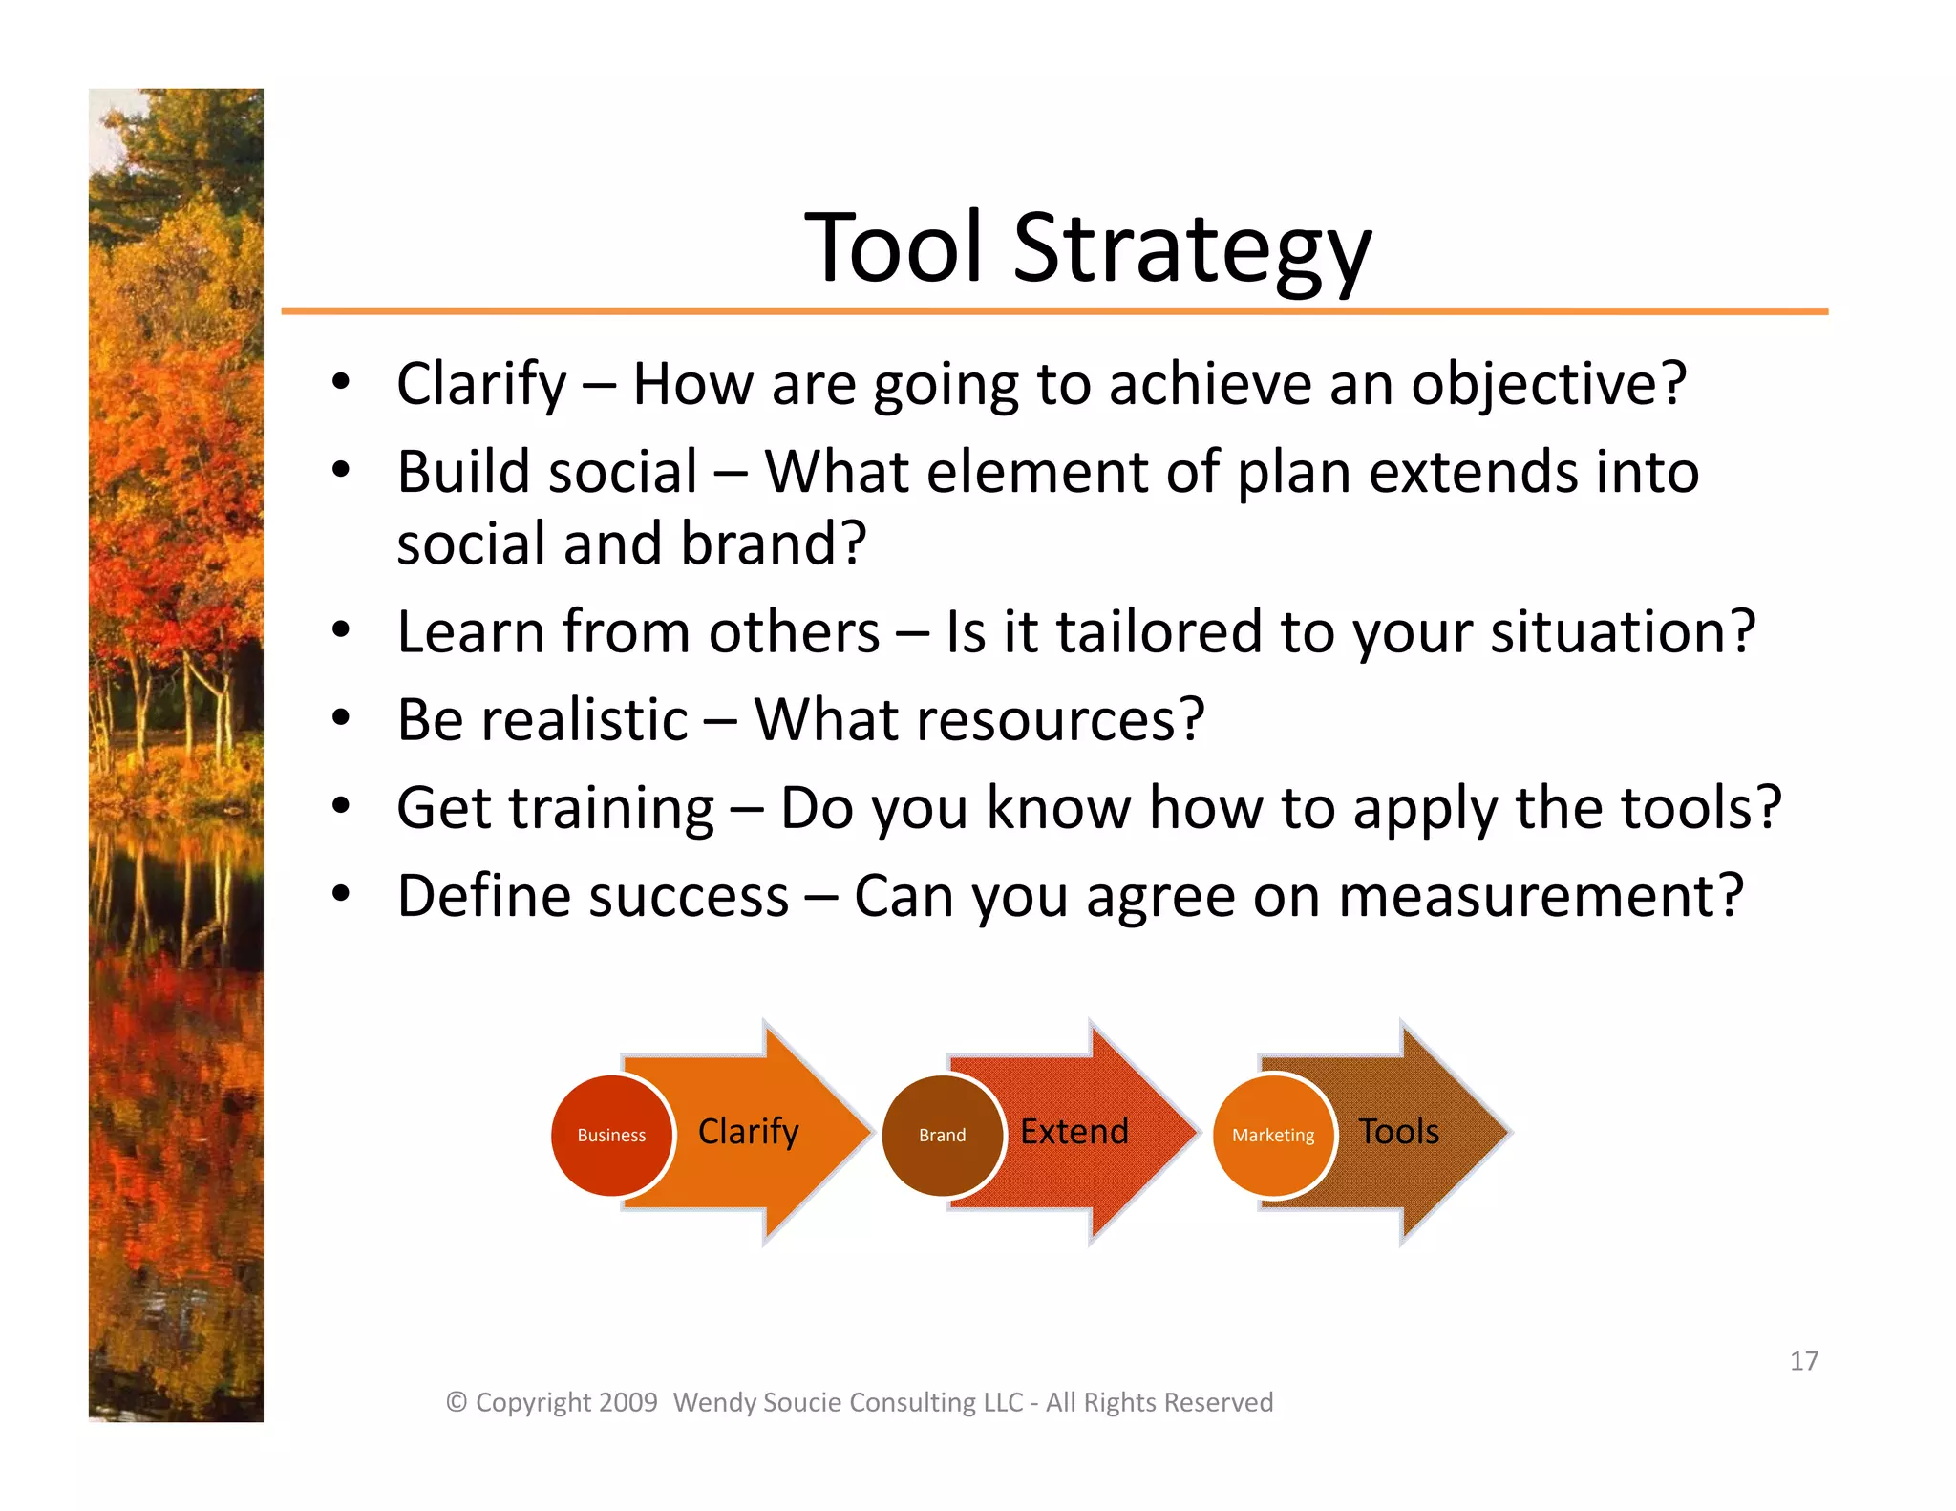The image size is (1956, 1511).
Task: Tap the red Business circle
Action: coord(611,1135)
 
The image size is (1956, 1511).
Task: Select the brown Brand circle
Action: coord(942,1135)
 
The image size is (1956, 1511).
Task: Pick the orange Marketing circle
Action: coord(1272,1135)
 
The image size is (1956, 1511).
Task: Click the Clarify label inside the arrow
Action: coord(748,1132)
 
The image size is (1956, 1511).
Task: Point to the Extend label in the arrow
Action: coord(1074,1132)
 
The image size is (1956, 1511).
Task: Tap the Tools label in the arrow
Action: coord(1398,1132)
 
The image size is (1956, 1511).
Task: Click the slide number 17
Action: coord(1803,1361)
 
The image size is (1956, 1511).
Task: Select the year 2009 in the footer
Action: coord(628,1402)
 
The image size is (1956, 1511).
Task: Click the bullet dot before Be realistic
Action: coord(341,718)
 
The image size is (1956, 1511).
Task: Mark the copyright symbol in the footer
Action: coord(457,1402)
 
